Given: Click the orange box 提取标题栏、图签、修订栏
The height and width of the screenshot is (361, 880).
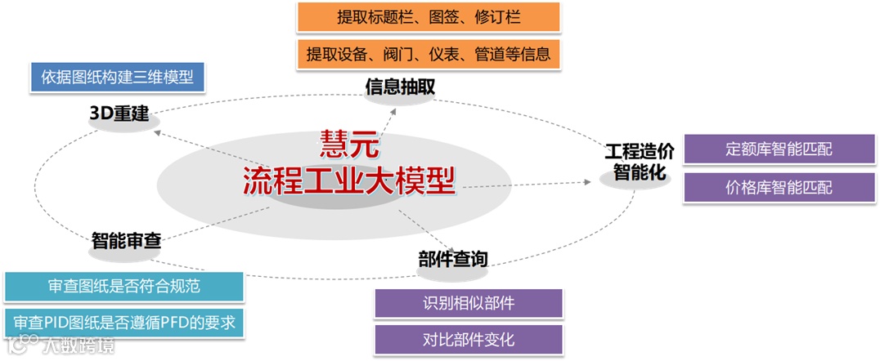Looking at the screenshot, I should coord(429,16).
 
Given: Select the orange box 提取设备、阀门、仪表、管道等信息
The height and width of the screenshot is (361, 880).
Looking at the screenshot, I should coord(429,55).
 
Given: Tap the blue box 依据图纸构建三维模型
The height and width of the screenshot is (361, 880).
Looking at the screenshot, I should coord(117,77).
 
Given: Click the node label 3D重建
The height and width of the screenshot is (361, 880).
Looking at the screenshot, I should coord(119,114).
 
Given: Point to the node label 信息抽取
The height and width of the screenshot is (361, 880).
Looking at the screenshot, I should coord(400,87).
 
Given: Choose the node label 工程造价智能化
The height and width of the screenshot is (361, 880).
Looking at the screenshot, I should coord(640,162).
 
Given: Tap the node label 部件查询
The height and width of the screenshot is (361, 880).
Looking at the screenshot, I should coord(452,259).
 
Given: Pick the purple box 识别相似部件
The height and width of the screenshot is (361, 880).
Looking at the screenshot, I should coord(469,303).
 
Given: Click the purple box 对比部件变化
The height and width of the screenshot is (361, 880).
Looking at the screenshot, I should coord(469,339).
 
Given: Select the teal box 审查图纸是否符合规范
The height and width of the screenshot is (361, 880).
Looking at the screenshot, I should coord(123,286).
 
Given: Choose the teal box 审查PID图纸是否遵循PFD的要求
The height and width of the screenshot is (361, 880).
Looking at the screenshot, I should coord(123,323).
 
